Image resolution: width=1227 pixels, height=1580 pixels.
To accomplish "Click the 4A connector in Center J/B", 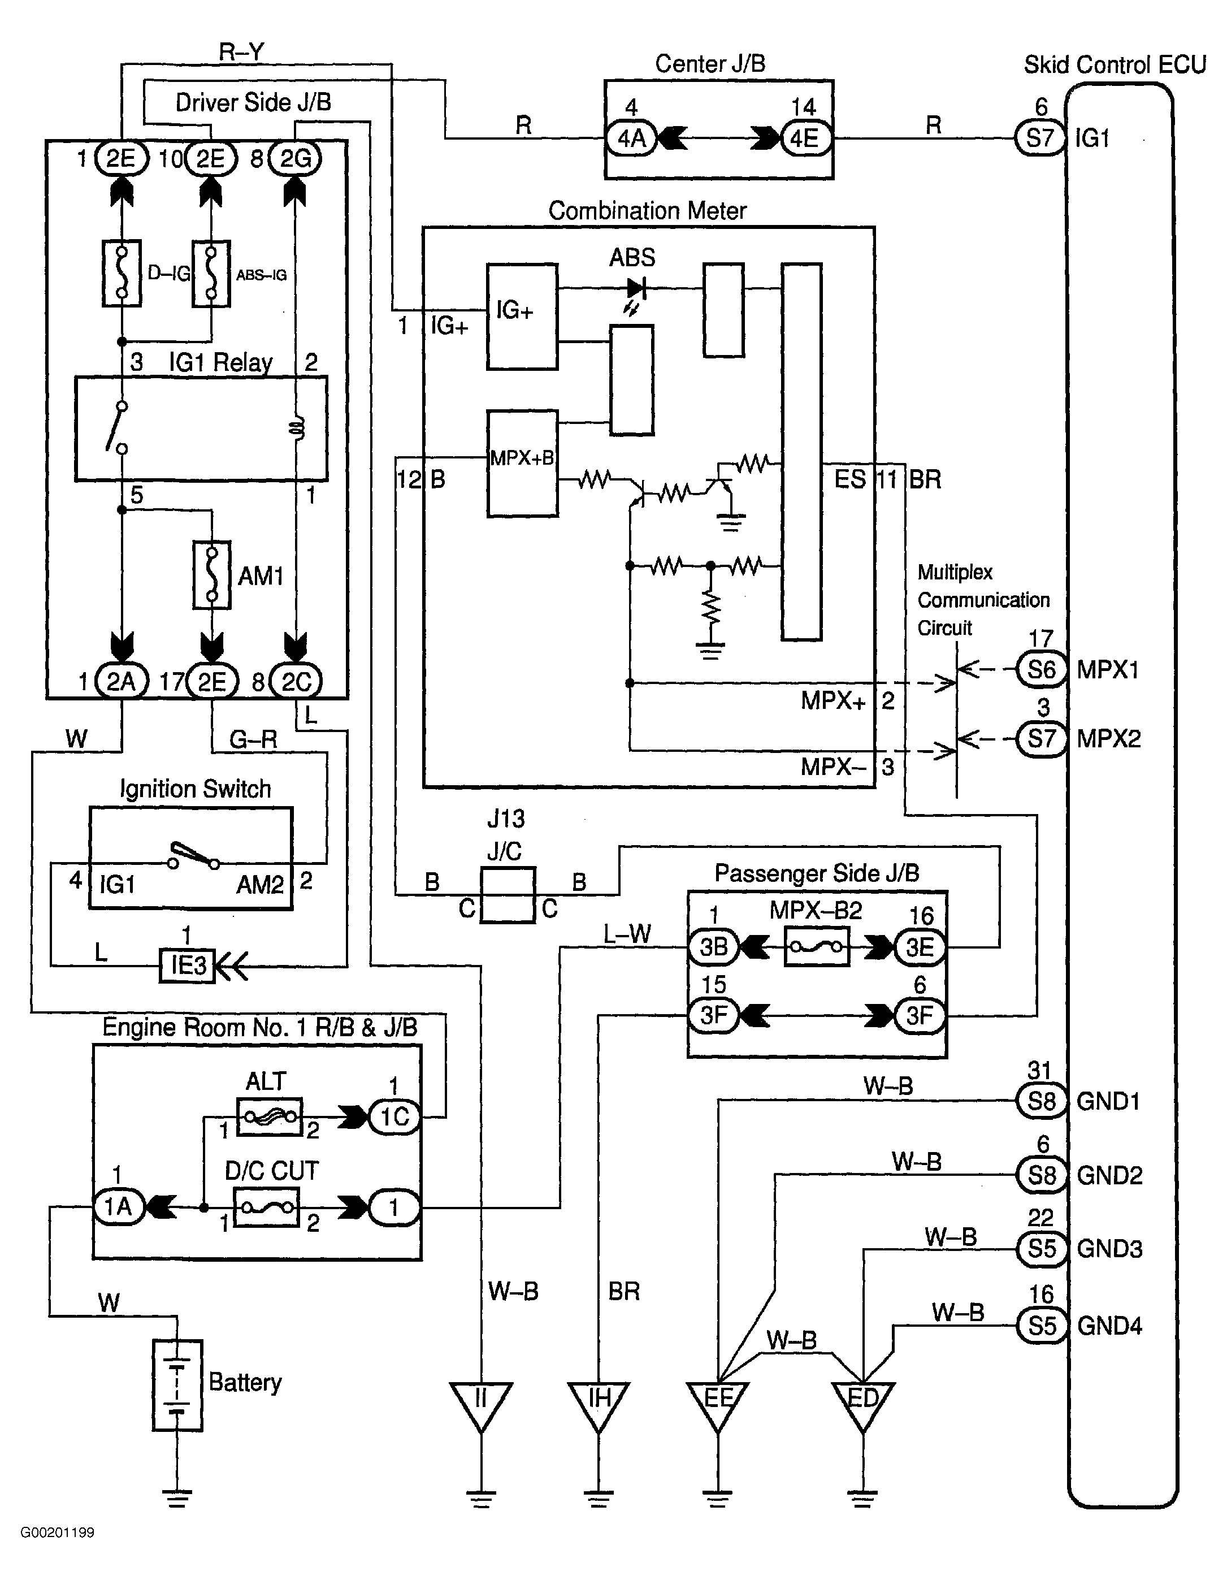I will (x=631, y=137).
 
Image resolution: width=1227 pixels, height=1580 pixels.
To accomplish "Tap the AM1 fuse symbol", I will (x=212, y=575).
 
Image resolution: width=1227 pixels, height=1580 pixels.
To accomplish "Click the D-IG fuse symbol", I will (x=122, y=274).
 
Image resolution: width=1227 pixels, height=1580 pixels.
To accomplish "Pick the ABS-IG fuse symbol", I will (x=211, y=274).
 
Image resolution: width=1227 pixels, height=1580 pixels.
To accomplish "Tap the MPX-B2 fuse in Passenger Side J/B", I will (x=816, y=947).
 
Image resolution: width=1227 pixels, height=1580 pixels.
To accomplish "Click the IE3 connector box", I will (x=188, y=965).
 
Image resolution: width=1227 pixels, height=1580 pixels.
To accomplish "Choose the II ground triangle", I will (x=480, y=1404).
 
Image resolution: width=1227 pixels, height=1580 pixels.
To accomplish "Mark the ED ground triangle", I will (x=862, y=1404).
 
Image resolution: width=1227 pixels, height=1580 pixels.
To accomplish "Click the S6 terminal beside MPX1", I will (x=1041, y=669).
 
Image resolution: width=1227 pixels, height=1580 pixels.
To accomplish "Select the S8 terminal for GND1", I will (x=1041, y=1101).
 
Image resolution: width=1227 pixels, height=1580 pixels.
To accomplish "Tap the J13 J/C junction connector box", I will (x=508, y=895).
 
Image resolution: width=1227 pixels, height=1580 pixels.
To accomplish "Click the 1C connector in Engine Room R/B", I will (x=394, y=1116).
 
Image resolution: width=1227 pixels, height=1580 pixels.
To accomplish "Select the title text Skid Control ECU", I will (x=1114, y=65).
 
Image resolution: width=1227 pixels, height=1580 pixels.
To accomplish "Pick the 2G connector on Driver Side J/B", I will (x=295, y=158).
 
